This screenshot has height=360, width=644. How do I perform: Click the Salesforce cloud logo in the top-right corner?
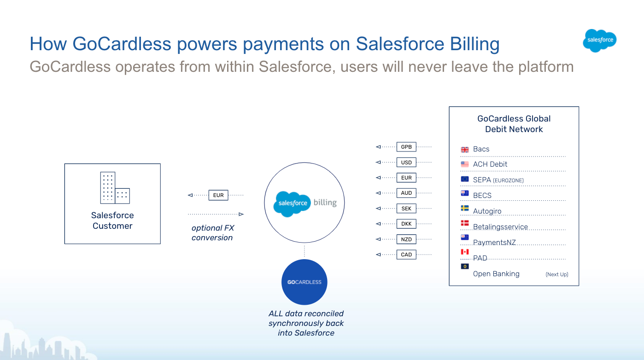pos(599,41)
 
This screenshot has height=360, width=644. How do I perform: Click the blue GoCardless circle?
pos(304,282)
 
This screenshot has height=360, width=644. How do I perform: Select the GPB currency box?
pos(406,147)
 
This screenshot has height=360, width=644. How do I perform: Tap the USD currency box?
pos(406,163)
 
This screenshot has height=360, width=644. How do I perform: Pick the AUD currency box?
pos(406,193)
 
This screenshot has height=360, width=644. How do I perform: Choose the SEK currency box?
pos(406,209)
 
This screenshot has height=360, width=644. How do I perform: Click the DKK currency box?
pos(406,224)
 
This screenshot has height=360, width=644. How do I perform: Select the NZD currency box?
pos(406,239)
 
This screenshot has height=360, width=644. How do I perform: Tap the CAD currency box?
pos(406,255)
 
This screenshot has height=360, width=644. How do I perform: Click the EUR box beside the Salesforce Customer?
pos(218,195)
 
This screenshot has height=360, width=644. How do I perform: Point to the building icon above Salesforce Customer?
pos(115,188)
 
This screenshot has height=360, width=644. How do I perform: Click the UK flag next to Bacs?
pos(464,150)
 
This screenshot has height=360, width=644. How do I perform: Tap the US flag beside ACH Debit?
pos(464,164)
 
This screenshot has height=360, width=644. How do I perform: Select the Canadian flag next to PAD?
pos(464,252)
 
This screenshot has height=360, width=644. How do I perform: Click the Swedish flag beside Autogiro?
pos(464,209)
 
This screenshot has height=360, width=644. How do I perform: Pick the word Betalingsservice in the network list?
pos(500,227)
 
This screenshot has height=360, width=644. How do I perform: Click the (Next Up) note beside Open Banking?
pos(557,274)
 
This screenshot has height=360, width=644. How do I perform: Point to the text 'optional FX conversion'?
pos(212,233)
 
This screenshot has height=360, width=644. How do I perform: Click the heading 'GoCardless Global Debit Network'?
pos(514,124)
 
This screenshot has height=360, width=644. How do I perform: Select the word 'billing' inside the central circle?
pos(325,203)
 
